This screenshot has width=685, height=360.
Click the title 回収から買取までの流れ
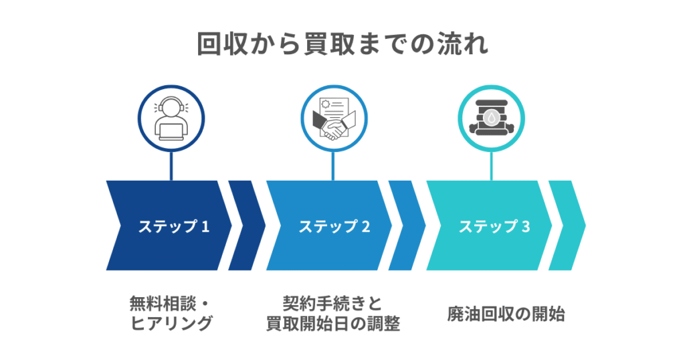pos(342,43)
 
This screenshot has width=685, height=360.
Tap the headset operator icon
pos(171,118)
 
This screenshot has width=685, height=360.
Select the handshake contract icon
pos(332,118)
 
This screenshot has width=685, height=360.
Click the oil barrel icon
pos(492,118)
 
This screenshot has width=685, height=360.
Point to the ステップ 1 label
pos(173,226)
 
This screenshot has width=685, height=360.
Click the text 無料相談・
pos(171,303)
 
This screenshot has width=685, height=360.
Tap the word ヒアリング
pos(171,325)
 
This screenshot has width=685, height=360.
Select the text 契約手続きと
pos(332,303)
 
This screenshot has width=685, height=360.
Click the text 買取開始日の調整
pos(332,325)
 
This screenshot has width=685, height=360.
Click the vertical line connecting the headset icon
pos(171,165)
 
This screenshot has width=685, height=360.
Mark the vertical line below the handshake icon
pos(332,165)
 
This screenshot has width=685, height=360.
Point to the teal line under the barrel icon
pos(492,165)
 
